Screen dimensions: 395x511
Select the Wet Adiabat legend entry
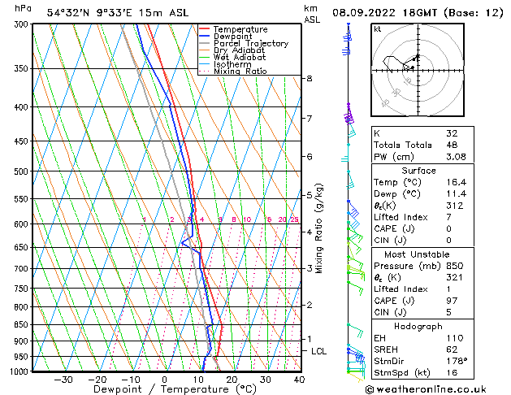click(240, 58)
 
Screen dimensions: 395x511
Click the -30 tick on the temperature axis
click(63, 380)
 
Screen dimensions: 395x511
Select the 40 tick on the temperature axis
click(300, 380)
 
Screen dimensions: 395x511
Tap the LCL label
click(319, 351)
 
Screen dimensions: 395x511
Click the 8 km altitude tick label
click(310, 78)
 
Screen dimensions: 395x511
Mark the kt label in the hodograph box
click(378, 29)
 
